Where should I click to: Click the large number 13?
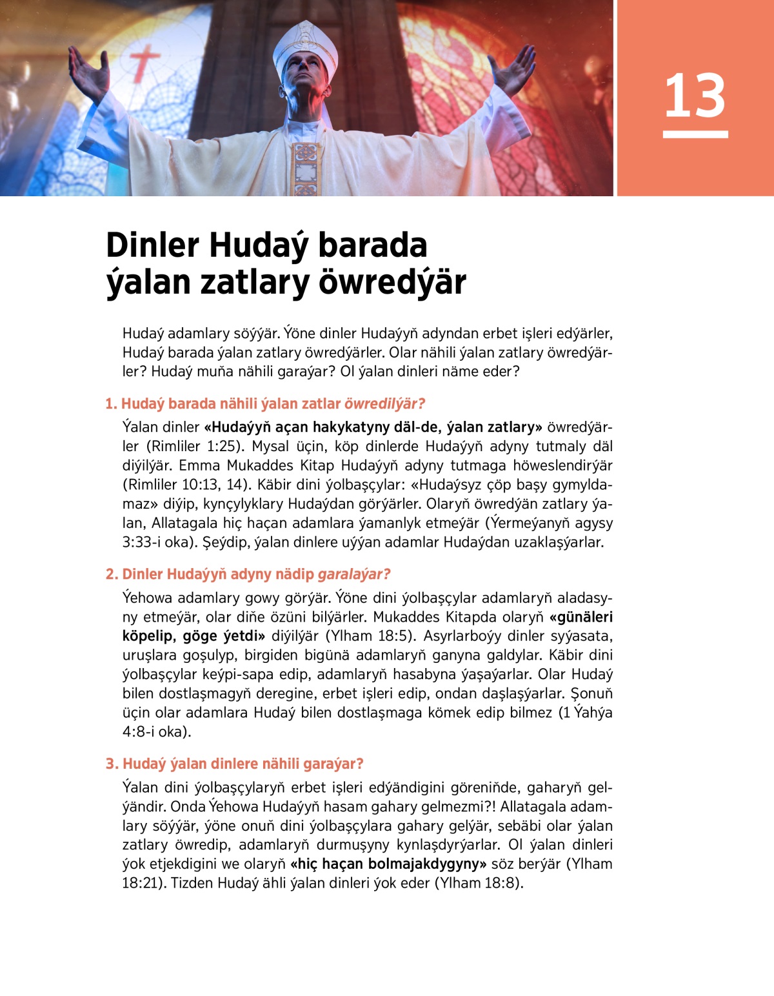click(x=695, y=96)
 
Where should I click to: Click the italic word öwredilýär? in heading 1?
click(x=384, y=404)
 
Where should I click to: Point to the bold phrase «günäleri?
click(x=580, y=616)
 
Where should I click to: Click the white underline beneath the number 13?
click(x=695, y=134)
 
